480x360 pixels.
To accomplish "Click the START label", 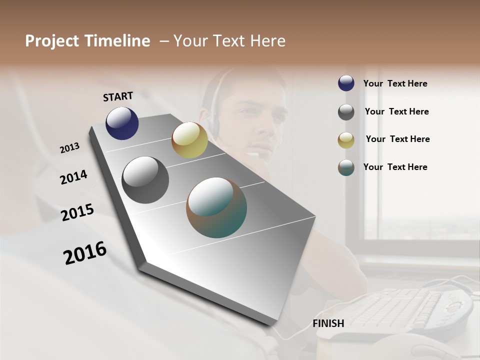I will pyautogui.click(x=118, y=96).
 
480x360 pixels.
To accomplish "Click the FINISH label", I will pyautogui.click(x=328, y=323).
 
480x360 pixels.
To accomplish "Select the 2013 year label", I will pyautogui.click(x=69, y=148).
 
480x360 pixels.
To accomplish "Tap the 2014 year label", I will pyautogui.click(x=73, y=177).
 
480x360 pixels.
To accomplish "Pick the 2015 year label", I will pyautogui.click(x=77, y=212).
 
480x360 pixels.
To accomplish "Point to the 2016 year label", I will pyautogui.click(x=85, y=253).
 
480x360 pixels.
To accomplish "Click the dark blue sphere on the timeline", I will pyautogui.click(x=122, y=123).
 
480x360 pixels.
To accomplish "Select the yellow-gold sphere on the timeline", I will pyautogui.click(x=189, y=140).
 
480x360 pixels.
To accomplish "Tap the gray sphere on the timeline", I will pyautogui.click(x=145, y=180).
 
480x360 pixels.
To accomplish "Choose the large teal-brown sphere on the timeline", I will pyautogui.click(x=216, y=207).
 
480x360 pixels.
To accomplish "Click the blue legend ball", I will pyautogui.click(x=346, y=83).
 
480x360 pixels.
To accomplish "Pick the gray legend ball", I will pyautogui.click(x=346, y=112).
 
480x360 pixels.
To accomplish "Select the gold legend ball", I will pyautogui.click(x=346, y=140).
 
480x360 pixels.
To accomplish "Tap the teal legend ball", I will pyautogui.click(x=346, y=167).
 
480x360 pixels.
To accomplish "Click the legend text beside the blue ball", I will pyautogui.click(x=395, y=83).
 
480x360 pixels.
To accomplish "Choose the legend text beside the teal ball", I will pyautogui.click(x=395, y=167).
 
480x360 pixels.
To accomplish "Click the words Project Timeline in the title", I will pyautogui.click(x=87, y=41).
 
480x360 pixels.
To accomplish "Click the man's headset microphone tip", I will pyautogui.click(x=254, y=155).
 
